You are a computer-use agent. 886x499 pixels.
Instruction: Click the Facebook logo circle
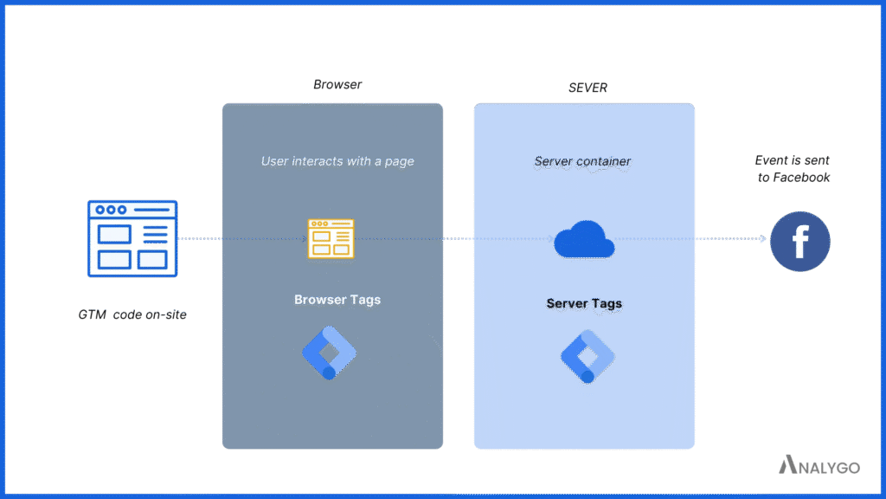click(x=799, y=241)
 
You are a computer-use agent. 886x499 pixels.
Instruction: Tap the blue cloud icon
click(x=584, y=240)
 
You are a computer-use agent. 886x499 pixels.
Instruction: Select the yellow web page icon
click(x=331, y=238)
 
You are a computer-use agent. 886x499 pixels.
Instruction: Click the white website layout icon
click(x=132, y=238)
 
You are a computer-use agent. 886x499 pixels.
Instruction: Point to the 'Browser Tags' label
click(x=337, y=300)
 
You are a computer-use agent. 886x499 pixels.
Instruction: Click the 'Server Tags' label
click(x=584, y=303)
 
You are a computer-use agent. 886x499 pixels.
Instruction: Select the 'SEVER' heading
click(x=587, y=88)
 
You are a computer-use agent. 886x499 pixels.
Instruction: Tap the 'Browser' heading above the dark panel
click(x=337, y=85)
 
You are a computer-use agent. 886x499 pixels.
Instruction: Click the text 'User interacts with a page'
click(x=337, y=161)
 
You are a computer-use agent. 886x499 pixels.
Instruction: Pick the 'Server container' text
click(x=582, y=161)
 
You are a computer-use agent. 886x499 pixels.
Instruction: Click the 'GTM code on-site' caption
click(x=132, y=314)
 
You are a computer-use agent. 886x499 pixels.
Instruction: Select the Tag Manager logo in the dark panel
click(x=329, y=353)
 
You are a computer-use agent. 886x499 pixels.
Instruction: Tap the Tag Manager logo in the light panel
click(x=587, y=355)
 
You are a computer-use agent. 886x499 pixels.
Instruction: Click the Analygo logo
click(x=819, y=466)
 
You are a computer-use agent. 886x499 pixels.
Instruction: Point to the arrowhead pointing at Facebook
click(x=762, y=239)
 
